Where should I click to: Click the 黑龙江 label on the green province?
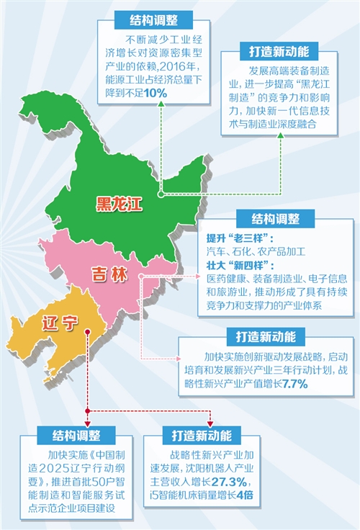pos(120,203)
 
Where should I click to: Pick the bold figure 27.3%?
pos(228,482)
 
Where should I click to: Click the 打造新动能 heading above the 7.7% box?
pos(270,336)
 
